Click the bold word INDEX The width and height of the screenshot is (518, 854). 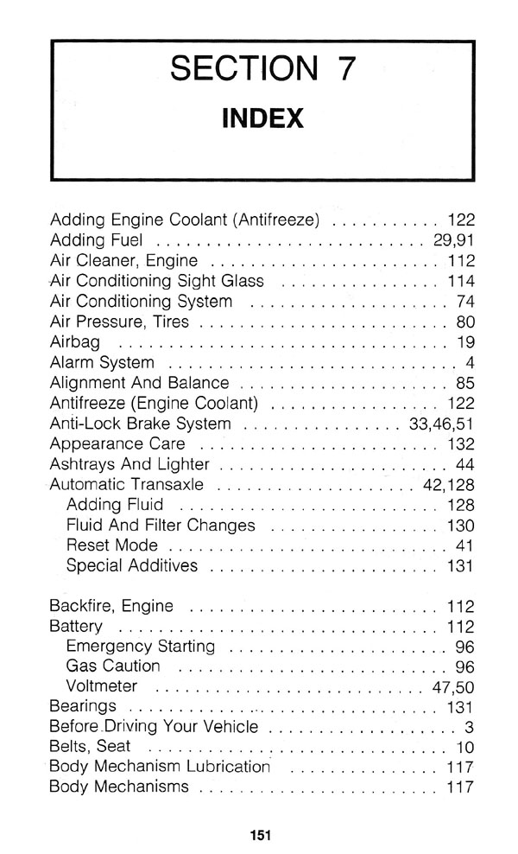tap(262, 118)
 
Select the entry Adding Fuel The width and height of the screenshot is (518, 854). tap(97, 239)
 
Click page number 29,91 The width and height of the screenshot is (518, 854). tap(454, 239)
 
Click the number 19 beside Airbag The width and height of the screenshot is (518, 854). tap(466, 341)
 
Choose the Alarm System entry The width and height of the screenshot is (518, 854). tap(102, 362)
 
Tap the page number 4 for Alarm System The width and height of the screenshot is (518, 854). tap(471, 362)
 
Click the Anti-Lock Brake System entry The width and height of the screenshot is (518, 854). tap(141, 424)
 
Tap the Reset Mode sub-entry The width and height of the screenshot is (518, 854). tap(111, 546)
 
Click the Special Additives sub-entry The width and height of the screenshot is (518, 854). tap(131, 567)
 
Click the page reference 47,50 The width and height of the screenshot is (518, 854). tap(453, 688)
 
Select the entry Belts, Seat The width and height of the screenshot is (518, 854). tap(90, 746)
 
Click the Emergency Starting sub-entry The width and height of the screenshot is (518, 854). tap(140, 647)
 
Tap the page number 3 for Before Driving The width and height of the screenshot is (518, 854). tap(471, 726)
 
